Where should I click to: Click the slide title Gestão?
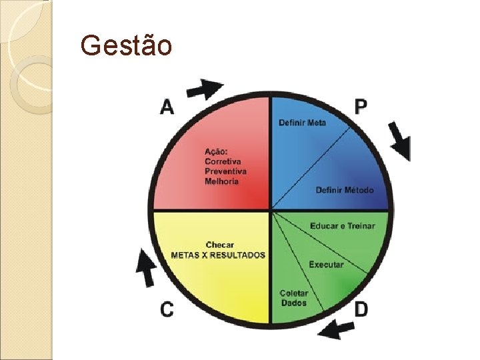(x=126, y=45)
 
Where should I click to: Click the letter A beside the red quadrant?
(x=167, y=107)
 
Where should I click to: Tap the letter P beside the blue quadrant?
(x=361, y=106)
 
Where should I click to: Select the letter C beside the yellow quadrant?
(x=167, y=309)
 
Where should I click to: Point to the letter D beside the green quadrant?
(x=361, y=309)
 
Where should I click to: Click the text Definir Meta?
(x=302, y=123)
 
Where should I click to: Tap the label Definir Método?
(x=345, y=190)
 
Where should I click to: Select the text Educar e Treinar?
(x=342, y=226)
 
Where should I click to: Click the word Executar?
(x=326, y=265)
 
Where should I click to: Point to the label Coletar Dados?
(x=293, y=298)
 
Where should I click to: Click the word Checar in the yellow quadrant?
(x=220, y=245)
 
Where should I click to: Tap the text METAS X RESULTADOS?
(x=218, y=255)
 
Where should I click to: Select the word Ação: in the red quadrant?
(x=216, y=151)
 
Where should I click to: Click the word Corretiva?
(x=223, y=161)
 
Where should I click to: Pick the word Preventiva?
(x=226, y=171)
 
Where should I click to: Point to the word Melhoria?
(x=221, y=181)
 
